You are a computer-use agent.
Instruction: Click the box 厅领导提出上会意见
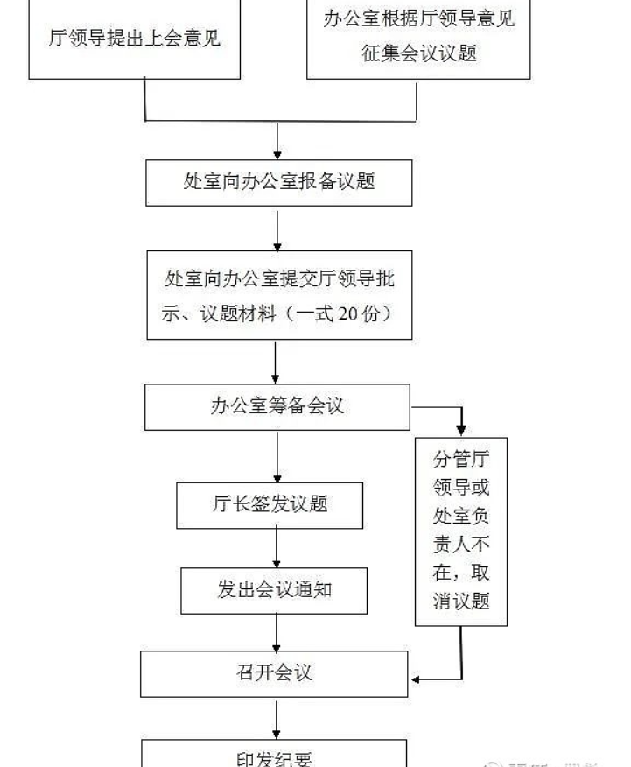134,39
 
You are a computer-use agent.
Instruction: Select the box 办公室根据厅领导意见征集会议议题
418,37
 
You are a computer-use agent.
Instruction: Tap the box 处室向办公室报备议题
278,182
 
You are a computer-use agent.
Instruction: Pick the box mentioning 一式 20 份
278,295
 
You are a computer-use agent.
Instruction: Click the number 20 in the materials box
346,313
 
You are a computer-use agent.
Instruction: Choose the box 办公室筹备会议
277,406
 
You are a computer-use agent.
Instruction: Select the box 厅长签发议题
270,504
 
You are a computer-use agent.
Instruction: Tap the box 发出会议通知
274,589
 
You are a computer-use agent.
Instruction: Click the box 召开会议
274,673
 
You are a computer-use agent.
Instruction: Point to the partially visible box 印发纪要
274,755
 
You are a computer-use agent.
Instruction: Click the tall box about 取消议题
461,531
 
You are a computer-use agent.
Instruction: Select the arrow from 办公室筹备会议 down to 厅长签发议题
277,455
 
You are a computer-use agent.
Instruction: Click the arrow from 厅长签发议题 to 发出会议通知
277,548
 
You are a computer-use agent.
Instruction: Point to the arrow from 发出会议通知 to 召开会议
277,631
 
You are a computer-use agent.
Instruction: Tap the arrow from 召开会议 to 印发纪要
277,718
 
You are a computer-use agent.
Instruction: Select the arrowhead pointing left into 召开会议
417,679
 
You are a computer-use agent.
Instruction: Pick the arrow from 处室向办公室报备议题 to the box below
277,229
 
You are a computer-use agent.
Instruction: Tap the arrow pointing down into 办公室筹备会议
277,362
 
